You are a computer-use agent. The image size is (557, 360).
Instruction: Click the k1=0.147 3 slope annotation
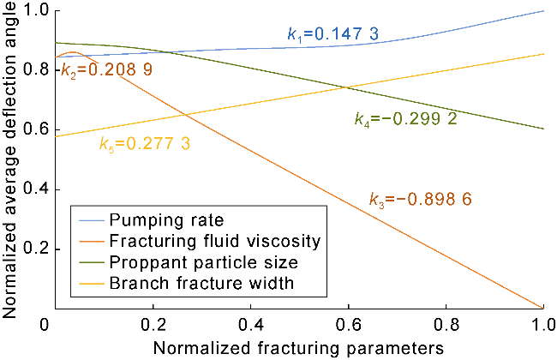coord(332,35)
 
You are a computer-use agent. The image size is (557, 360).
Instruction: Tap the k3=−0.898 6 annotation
coord(419,198)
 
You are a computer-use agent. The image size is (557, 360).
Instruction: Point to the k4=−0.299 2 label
coord(405,118)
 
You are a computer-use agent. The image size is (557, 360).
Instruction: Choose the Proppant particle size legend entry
coord(205,261)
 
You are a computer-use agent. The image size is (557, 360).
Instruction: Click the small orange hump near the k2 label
coord(73,53)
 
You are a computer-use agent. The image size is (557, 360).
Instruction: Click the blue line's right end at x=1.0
coord(543,11)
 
